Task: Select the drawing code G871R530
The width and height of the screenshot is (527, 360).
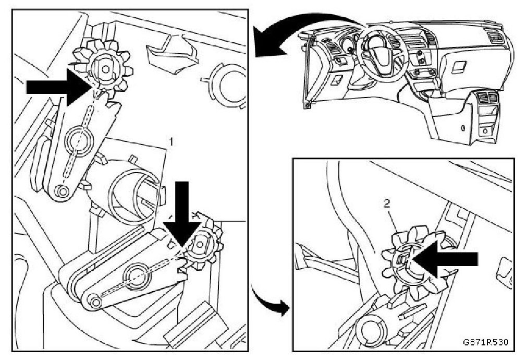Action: click(485, 343)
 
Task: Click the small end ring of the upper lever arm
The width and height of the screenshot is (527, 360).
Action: click(62, 191)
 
